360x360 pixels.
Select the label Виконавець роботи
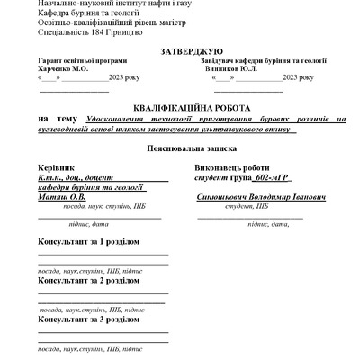pyautogui.click(x=231, y=167)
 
